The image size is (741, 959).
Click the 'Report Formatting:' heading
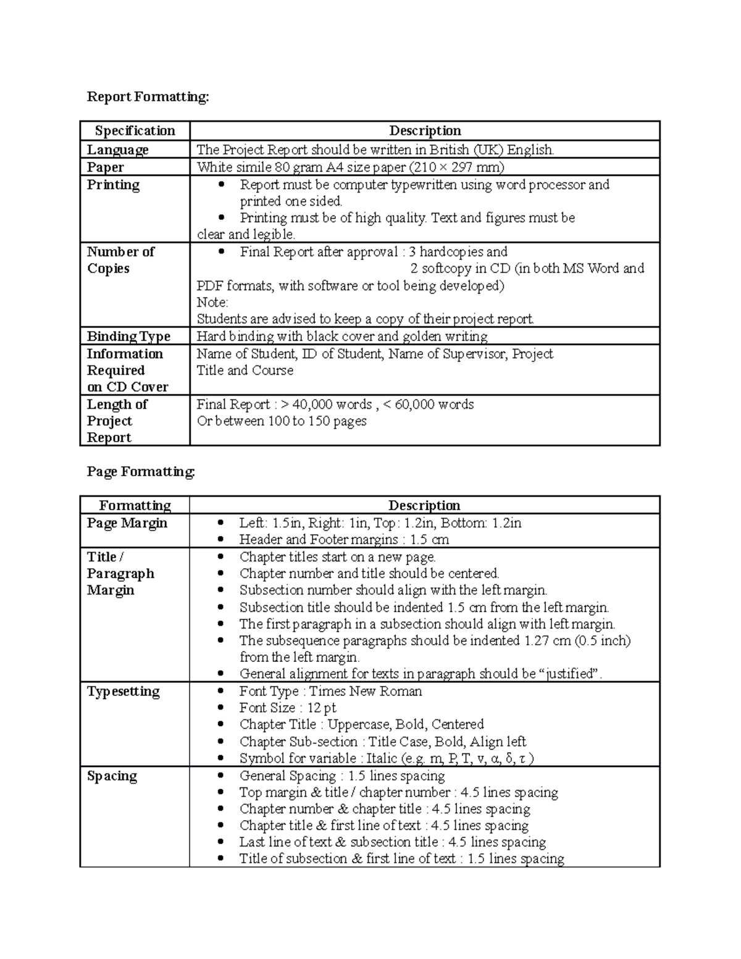[x=148, y=97]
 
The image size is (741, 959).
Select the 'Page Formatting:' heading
[x=141, y=472]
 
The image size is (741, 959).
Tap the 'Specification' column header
[x=135, y=131]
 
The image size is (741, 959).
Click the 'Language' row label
[x=117, y=150]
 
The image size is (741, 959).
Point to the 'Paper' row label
[x=105, y=167]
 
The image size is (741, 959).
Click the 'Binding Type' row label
[x=128, y=337]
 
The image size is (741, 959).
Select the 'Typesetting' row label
[x=123, y=692]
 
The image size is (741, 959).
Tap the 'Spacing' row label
[x=112, y=776]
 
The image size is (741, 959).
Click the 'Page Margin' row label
[x=127, y=523]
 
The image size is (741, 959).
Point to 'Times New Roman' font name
[x=365, y=692]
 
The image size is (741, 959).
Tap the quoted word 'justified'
[x=572, y=674]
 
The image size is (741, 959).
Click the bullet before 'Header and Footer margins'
[x=221, y=540]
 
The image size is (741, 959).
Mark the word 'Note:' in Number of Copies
[x=212, y=303]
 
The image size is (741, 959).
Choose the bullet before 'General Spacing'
[x=221, y=777]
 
